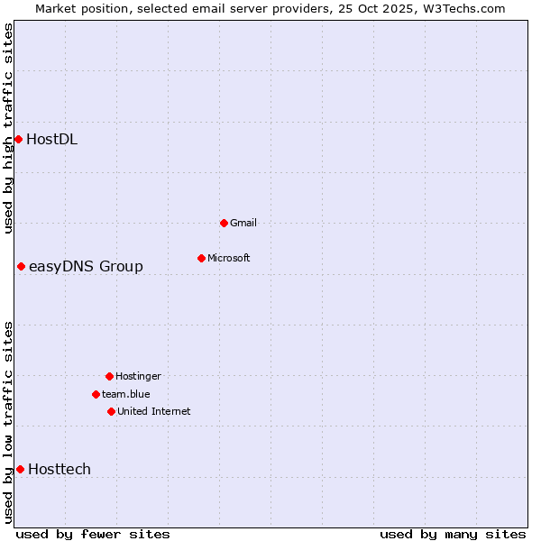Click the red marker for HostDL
pyautogui.click(x=18, y=139)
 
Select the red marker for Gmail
pyautogui.click(x=224, y=223)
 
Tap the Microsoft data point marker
pyautogui.click(x=201, y=258)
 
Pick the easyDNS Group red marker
pyautogui.click(x=21, y=266)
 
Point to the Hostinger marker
pyautogui.click(x=109, y=376)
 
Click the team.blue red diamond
pyautogui.click(x=96, y=394)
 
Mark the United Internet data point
pyautogui.click(x=111, y=411)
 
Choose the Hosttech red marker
pyautogui.click(x=20, y=469)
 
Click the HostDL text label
pyautogui.click(x=51, y=139)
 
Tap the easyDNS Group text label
pyautogui.click(x=86, y=266)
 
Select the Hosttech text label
pyautogui.click(x=60, y=469)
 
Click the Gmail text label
pyautogui.click(x=243, y=223)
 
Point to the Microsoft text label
pyautogui.click(x=229, y=258)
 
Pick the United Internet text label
pyautogui.click(x=154, y=411)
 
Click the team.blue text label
pyautogui.click(x=126, y=394)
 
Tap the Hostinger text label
pyautogui.click(x=138, y=376)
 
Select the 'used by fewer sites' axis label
pyautogui.click(x=93, y=534)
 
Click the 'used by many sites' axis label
pyautogui.click(x=453, y=534)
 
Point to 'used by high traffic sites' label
pyautogui.click(x=8, y=128)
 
